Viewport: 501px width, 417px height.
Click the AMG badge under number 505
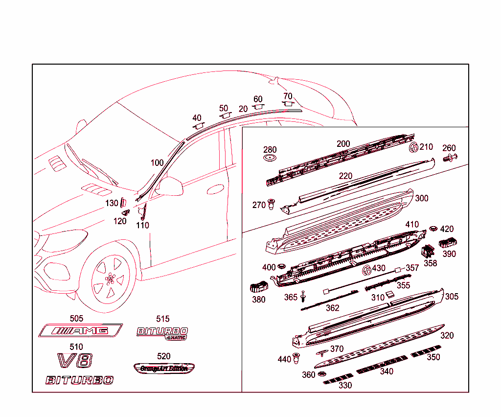(x=81, y=331)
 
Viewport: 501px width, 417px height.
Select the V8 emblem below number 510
(x=75, y=361)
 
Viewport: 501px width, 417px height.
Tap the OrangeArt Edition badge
(x=164, y=368)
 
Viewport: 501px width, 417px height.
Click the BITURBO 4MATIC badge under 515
(x=162, y=332)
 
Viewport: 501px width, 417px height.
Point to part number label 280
(x=270, y=150)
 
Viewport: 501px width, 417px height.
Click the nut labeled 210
(x=413, y=147)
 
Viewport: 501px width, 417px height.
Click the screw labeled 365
(x=304, y=296)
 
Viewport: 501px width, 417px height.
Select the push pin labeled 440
(x=296, y=358)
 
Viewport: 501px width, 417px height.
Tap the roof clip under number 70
(x=287, y=104)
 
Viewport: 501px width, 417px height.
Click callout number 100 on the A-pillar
(x=157, y=163)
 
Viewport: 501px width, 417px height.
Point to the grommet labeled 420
(x=433, y=229)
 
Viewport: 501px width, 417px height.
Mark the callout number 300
(x=421, y=198)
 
